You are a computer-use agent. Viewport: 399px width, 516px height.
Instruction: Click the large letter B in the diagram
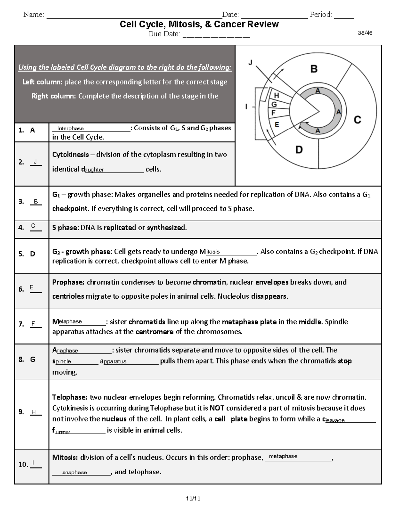[314, 69]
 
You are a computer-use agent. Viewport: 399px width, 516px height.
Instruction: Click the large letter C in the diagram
[357, 120]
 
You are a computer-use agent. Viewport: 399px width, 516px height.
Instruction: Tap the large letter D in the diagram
[299, 150]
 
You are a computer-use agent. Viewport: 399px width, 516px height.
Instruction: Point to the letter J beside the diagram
[251, 62]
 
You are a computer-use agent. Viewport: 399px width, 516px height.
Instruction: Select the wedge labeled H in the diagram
[276, 96]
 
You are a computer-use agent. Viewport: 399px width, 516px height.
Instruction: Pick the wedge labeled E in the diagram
[277, 125]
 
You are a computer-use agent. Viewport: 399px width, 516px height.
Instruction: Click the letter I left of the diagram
[246, 107]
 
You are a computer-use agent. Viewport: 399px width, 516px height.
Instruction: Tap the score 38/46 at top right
[365, 33]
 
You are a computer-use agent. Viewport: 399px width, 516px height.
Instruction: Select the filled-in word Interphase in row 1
[70, 129]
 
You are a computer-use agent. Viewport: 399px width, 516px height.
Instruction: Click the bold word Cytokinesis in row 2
[70, 155]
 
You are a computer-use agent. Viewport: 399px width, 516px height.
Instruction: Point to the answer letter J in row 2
[35, 162]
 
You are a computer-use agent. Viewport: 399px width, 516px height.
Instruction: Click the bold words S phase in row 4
[65, 228]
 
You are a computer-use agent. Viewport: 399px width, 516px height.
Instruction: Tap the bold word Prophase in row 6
[68, 282]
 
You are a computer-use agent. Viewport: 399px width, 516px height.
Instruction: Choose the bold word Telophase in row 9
[69, 397]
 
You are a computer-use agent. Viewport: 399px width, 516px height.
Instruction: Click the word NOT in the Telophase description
[216, 408]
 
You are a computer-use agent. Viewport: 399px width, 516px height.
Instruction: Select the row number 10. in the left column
[23, 464]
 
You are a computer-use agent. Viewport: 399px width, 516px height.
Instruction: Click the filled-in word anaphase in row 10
[74, 473]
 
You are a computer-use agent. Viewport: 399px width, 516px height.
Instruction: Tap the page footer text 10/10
[193, 498]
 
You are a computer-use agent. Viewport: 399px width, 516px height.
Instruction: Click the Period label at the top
[321, 15]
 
